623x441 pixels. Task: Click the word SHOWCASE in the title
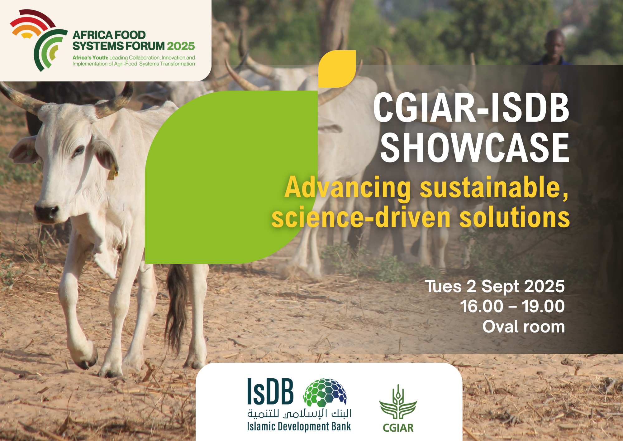pos(474,148)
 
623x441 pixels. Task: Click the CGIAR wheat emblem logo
pos(398,402)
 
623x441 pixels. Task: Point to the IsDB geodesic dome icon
pos(325,393)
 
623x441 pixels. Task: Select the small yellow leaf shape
pos(337,69)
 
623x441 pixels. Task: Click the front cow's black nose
pos(46,212)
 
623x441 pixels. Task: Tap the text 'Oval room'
pos(523,327)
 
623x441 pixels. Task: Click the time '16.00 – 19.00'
pos(512,306)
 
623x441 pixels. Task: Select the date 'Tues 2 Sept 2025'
pos(495,286)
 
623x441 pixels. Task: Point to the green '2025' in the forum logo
pos(181,46)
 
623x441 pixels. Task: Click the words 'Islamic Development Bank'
pos(299,426)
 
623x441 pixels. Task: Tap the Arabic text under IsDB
pos(299,414)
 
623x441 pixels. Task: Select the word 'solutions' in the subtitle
pos(514,217)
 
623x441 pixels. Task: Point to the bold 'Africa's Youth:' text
pos(90,58)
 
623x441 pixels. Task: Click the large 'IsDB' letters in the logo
pos(270,391)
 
